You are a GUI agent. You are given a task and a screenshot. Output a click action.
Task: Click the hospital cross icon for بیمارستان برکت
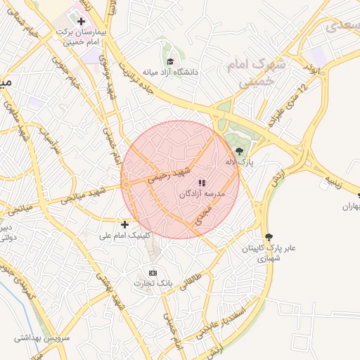click(x=82, y=21)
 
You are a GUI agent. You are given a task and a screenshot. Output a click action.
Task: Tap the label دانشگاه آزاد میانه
click(x=171, y=72)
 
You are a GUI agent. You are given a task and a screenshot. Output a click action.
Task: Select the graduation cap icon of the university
click(x=169, y=60)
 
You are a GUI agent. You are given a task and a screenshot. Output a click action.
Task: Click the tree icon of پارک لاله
click(x=239, y=150)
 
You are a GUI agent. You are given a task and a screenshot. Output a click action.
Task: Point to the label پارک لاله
click(x=238, y=162)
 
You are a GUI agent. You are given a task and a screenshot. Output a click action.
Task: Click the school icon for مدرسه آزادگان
click(x=202, y=183)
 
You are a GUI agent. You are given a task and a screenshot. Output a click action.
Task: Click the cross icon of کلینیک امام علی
click(x=124, y=224)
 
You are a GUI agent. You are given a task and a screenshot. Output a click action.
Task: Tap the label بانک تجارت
click(x=153, y=283)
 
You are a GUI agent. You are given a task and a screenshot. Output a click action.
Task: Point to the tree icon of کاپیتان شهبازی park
click(x=268, y=237)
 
